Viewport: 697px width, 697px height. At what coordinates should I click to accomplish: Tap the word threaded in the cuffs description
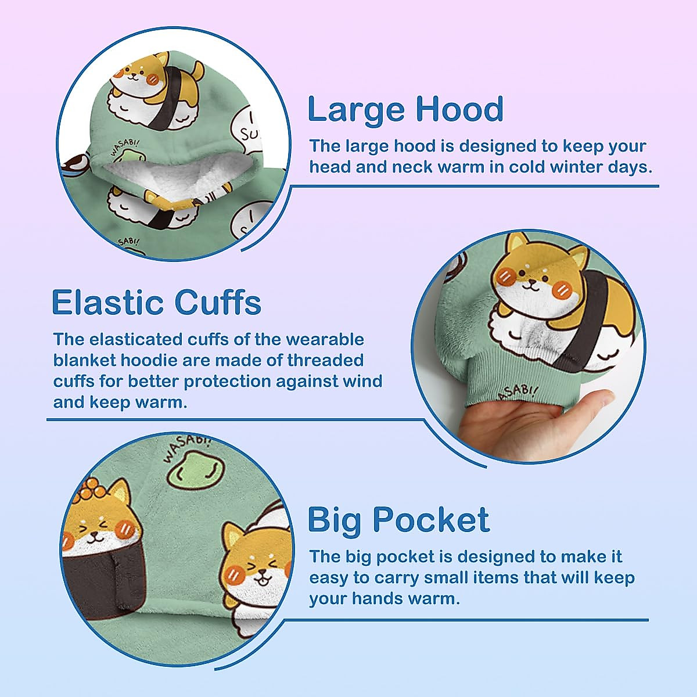325,360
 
